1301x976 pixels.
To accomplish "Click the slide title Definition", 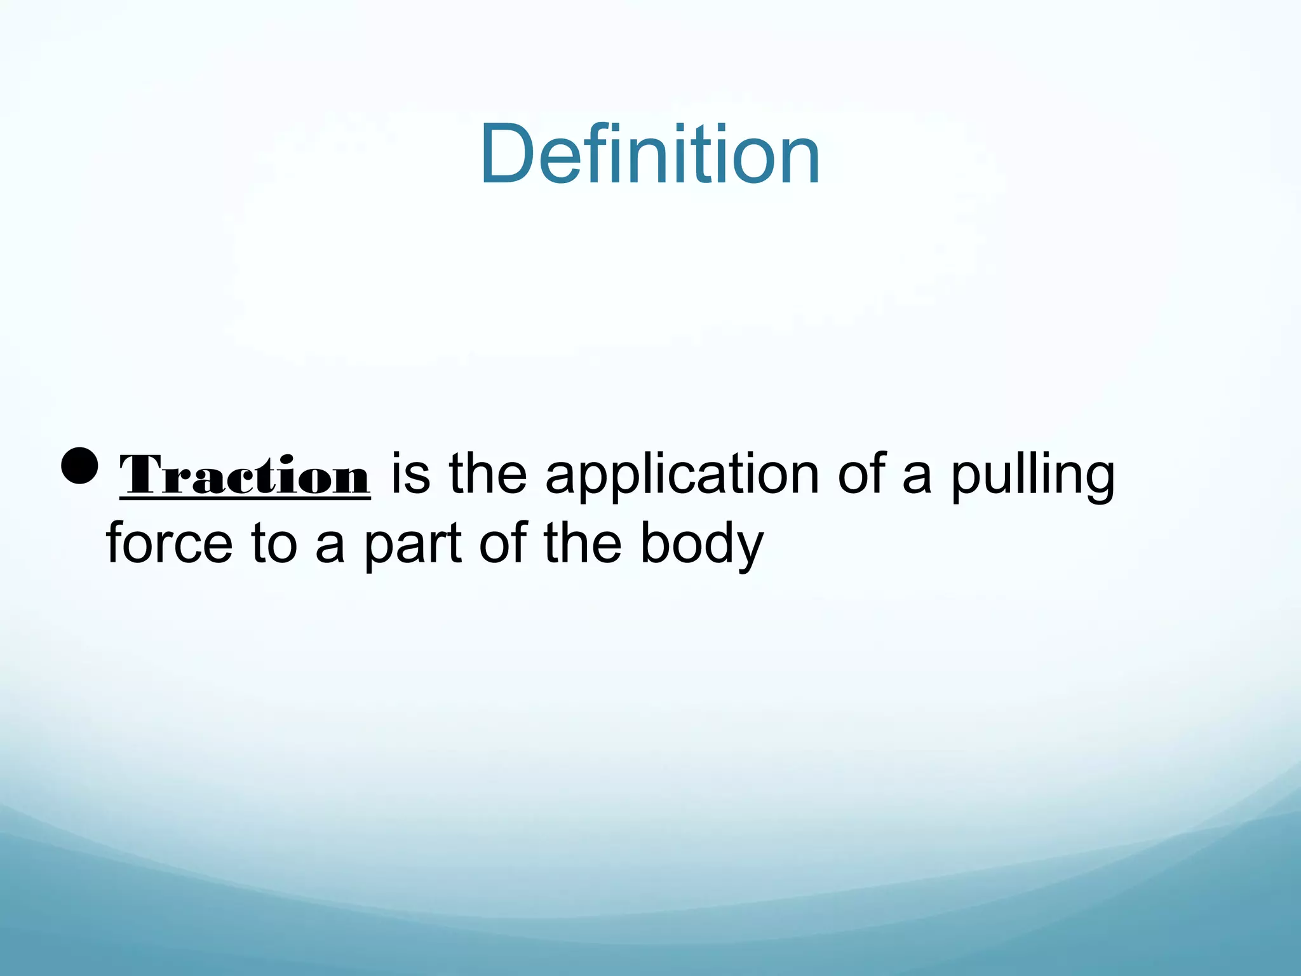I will click(650, 155).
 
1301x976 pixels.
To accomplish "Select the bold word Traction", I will click(245, 475).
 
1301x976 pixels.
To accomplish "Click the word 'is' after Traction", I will click(410, 473).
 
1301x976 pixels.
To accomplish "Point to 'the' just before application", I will click(488, 473).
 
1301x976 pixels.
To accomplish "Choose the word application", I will click(682, 475).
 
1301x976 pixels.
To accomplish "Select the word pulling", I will click(1033, 475).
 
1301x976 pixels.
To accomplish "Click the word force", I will click(170, 543).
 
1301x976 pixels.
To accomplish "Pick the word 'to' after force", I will click(274, 543).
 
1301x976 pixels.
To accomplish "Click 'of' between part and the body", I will click(503, 543).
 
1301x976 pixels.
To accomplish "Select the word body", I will click(701, 545).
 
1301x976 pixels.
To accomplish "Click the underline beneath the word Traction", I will click(245, 499).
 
